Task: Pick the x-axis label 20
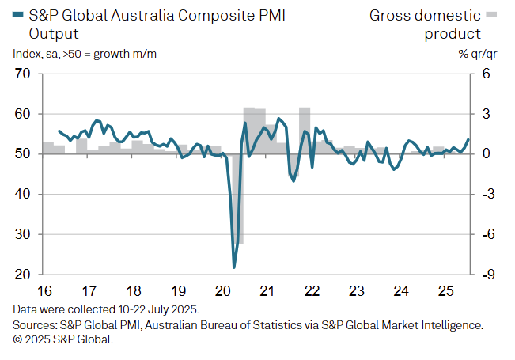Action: click(222, 290)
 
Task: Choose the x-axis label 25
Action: click(445, 290)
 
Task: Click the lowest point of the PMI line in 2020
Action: click(234, 267)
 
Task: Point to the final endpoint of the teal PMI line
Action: click(468, 140)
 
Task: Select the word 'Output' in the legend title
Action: click(54, 33)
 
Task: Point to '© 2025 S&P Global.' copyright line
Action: click(63, 340)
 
